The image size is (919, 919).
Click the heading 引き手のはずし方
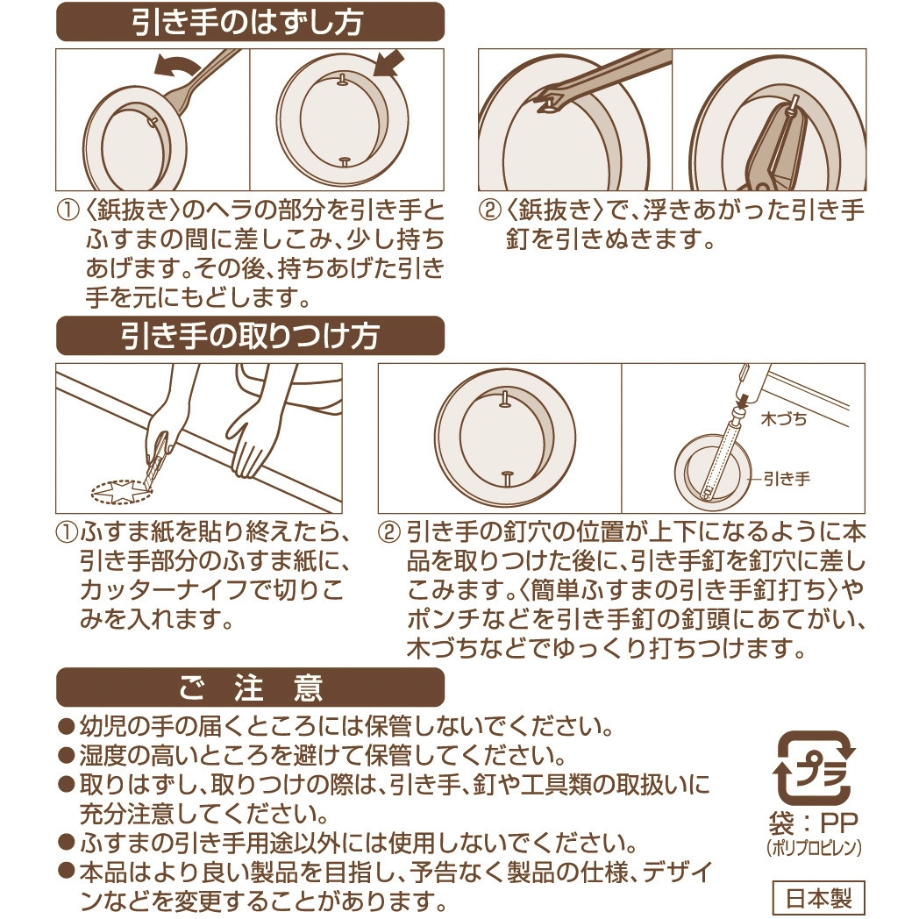pyautogui.click(x=250, y=22)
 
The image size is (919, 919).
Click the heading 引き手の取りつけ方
pyautogui.click(x=250, y=336)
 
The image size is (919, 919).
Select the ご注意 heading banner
pyautogui.click(x=250, y=687)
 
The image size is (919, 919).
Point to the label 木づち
pyautogui.click(x=784, y=419)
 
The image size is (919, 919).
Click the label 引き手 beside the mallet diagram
pyautogui.click(x=787, y=479)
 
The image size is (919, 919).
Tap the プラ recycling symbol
pyautogui.click(x=815, y=768)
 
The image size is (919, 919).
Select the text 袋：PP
pyautogui.click(x=814, y=823)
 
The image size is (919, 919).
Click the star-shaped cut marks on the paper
pyautogui.click(x=122, y=490)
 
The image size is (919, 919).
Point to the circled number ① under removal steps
pyautogui.click(x=67, y=210)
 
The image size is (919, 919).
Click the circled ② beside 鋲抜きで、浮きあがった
pyautogui.click(x=488, y=210)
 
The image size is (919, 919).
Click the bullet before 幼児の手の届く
pyautogui.click(x=67, y=727)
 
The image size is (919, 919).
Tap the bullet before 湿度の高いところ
pyautogui.click(x=67, y=756)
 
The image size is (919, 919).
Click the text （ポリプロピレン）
pyautogui.click(x=815, y=848)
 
